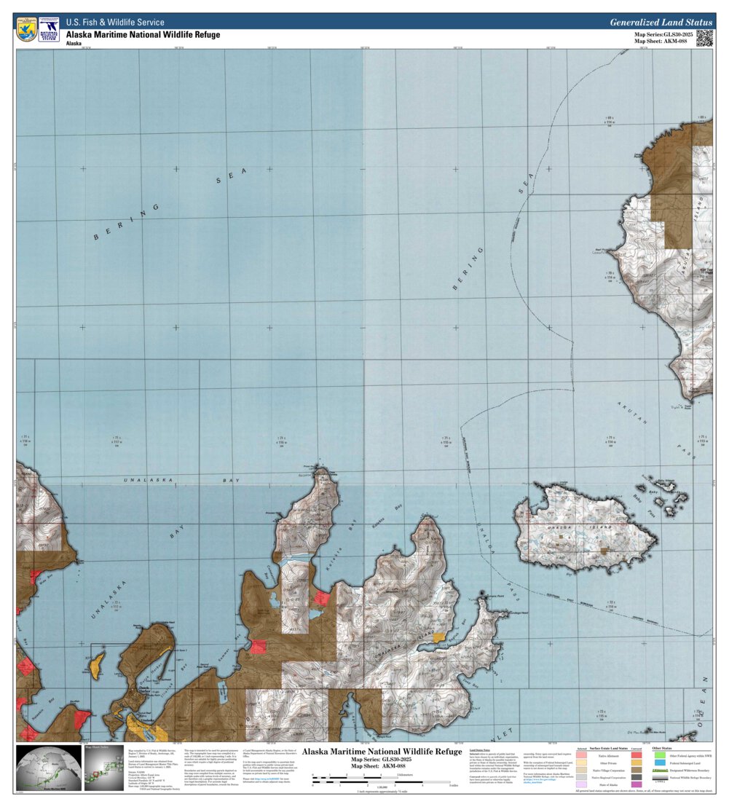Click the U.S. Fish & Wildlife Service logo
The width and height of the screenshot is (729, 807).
[x=26, y=29]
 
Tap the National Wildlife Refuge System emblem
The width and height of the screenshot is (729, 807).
[x=49, y=29]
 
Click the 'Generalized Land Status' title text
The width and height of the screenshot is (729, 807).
[x=661, y=23]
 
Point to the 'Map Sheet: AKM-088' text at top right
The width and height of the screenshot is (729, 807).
[x=661, y=42]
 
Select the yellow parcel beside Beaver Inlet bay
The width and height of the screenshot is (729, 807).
[x=438, y=637]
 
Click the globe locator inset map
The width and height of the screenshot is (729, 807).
[x=48, y=767]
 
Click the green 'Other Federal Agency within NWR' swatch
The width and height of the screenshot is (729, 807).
[x=659, y=755]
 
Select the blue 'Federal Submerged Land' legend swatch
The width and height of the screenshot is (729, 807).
[x=659, y=763]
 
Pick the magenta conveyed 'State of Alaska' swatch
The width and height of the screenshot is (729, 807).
[x=637, y=784]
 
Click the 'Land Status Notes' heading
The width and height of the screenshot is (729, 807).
[x=481, y=749]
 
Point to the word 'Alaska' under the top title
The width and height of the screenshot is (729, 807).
[x=74, y=44]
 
